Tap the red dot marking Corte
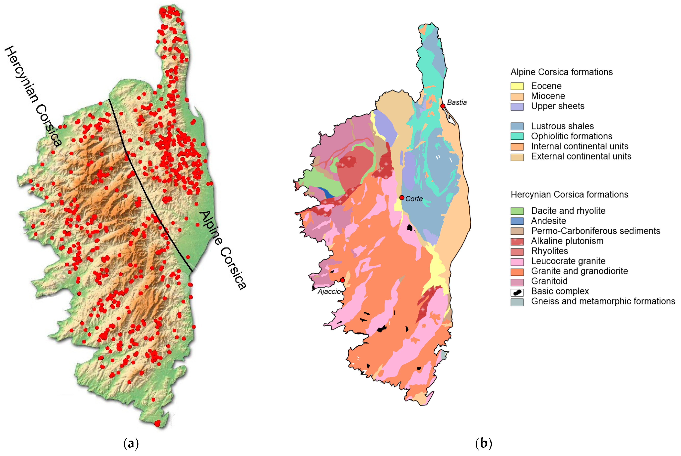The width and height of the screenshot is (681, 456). (x=402, y=198)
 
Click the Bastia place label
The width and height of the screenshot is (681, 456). (x=457, y=102)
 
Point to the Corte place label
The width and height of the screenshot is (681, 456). (x=414, y=199)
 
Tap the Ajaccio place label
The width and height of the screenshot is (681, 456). (x=329, y=291)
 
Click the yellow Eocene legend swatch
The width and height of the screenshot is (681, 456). (x=517, y=86)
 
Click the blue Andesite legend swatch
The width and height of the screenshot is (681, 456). (x=517, y=221)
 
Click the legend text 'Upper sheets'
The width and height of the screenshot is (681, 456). (x=558, y=106)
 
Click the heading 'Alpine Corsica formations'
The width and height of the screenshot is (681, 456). (x=561, y=72)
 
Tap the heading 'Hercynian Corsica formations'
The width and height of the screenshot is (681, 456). (x=569, y=195)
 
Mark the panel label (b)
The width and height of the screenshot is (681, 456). (x=484, y=444)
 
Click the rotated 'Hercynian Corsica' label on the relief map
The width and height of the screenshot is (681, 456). (x=33, y=96)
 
